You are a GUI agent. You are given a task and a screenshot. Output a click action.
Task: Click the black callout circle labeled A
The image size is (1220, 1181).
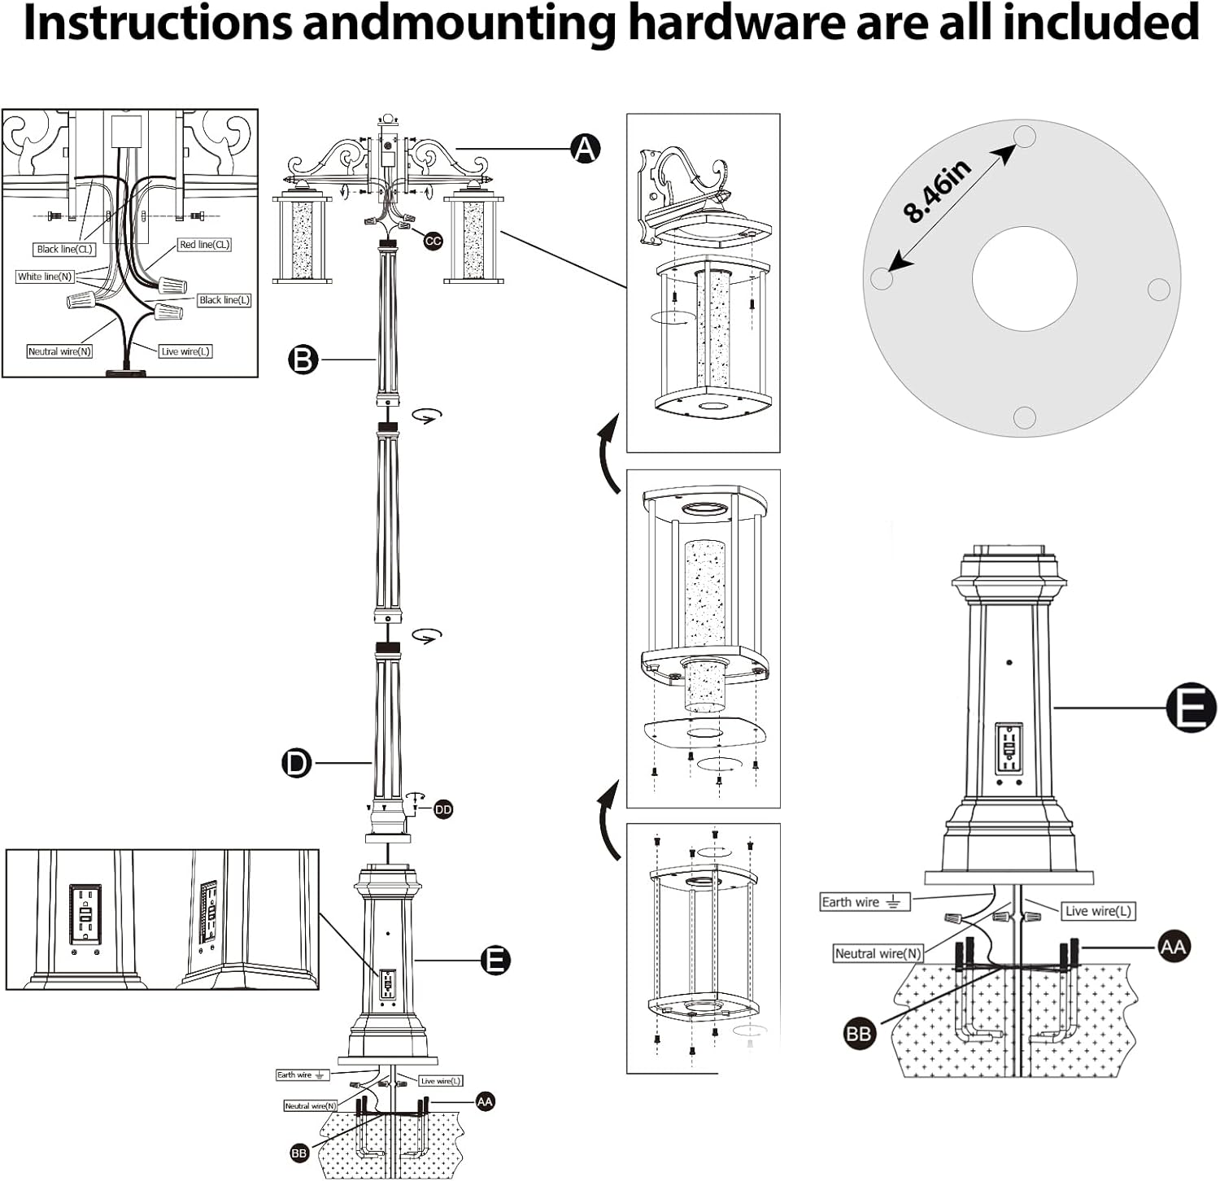tap(585, 149)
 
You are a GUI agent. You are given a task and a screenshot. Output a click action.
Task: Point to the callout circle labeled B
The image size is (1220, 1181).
tap(303, 359)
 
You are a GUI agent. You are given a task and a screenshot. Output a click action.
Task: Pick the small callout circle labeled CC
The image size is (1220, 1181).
tap(433, 241)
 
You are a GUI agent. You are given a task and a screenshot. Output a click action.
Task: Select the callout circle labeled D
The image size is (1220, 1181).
tap(297, 763)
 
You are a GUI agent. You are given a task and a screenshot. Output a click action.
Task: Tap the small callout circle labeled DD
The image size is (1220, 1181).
tap(442, 809)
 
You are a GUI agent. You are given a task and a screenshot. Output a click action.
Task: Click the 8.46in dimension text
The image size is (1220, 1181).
tap(939, 192)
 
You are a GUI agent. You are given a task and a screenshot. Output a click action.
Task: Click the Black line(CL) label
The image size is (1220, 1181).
tap(65, 249)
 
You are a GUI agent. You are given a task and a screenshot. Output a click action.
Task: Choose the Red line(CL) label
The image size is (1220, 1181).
tap(205, 244)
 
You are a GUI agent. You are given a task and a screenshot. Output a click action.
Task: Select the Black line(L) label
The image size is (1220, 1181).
tap(224, 300)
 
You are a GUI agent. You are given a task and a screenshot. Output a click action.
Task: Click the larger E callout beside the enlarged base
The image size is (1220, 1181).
tap(1191, 708)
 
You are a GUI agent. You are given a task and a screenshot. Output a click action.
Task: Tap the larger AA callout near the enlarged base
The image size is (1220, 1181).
tap(1173, 947)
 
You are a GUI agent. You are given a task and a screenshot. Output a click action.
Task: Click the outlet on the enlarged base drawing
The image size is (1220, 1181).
tap(1008, 748)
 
